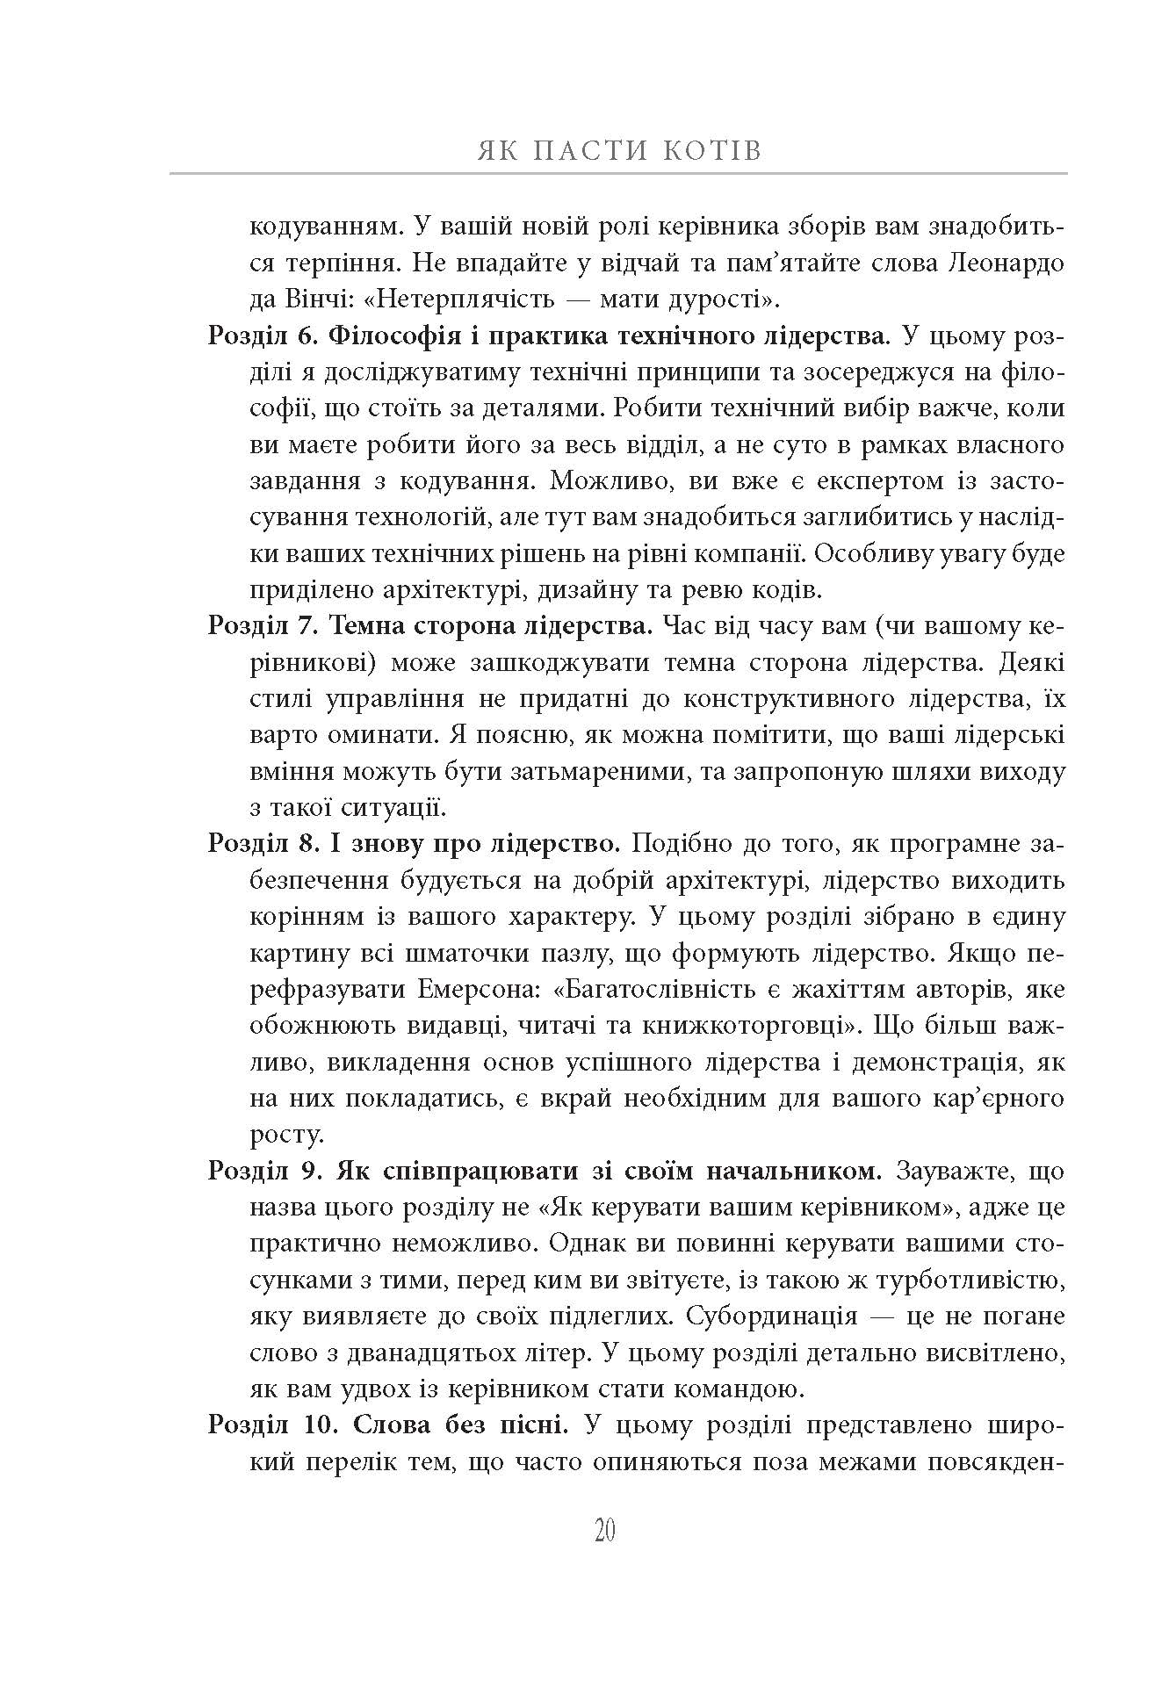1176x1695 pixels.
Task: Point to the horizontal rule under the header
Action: [x=618, y=174]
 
